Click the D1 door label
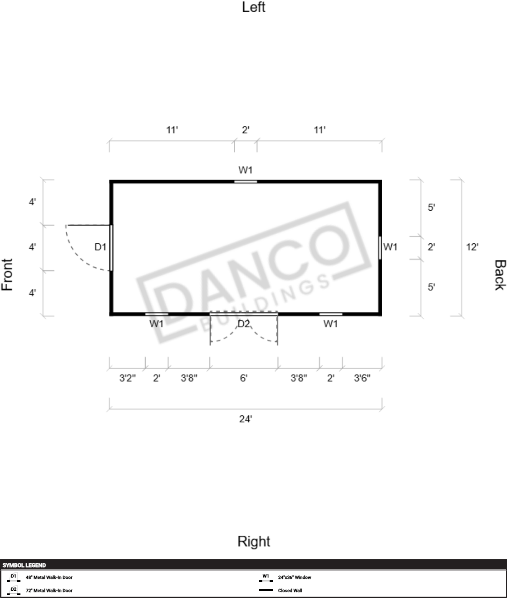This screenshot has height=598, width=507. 100,247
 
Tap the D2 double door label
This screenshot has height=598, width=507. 244,324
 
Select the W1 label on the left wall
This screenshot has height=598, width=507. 246,170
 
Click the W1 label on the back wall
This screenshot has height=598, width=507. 390,247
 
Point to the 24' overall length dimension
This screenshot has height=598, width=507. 246,419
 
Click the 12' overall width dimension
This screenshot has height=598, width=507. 472,247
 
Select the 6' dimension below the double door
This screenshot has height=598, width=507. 244,378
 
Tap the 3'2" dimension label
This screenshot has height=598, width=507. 128,378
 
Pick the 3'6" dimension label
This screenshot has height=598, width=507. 362,378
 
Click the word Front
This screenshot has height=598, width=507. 7,275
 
